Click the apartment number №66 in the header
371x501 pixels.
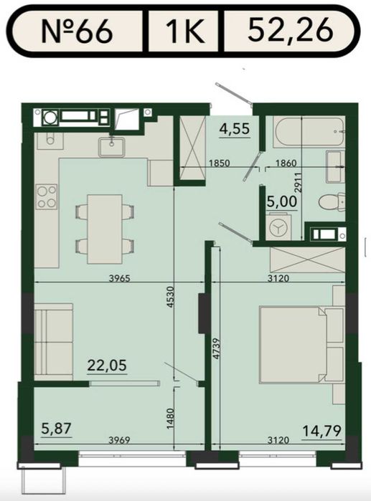[77, 31]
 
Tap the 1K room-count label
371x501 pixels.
[185, 31]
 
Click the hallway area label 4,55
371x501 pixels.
[235, 129]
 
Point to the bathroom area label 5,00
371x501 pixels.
[281, 201]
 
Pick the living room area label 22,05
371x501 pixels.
[107, 366]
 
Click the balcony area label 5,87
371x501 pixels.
[56, 429]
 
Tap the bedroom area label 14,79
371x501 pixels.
[321, 431]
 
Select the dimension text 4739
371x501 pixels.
[217, 348]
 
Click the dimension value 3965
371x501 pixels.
[120, 278]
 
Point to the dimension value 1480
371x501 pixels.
[170, 419]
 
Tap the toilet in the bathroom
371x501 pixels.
[332, 201]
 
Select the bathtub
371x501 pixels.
[309, 133]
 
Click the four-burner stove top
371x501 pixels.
[47, 196]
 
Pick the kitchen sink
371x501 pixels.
[112, 147]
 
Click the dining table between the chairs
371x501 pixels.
[105, 229]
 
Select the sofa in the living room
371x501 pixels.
[53, 342]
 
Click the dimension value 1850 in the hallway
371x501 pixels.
[220, 163]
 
